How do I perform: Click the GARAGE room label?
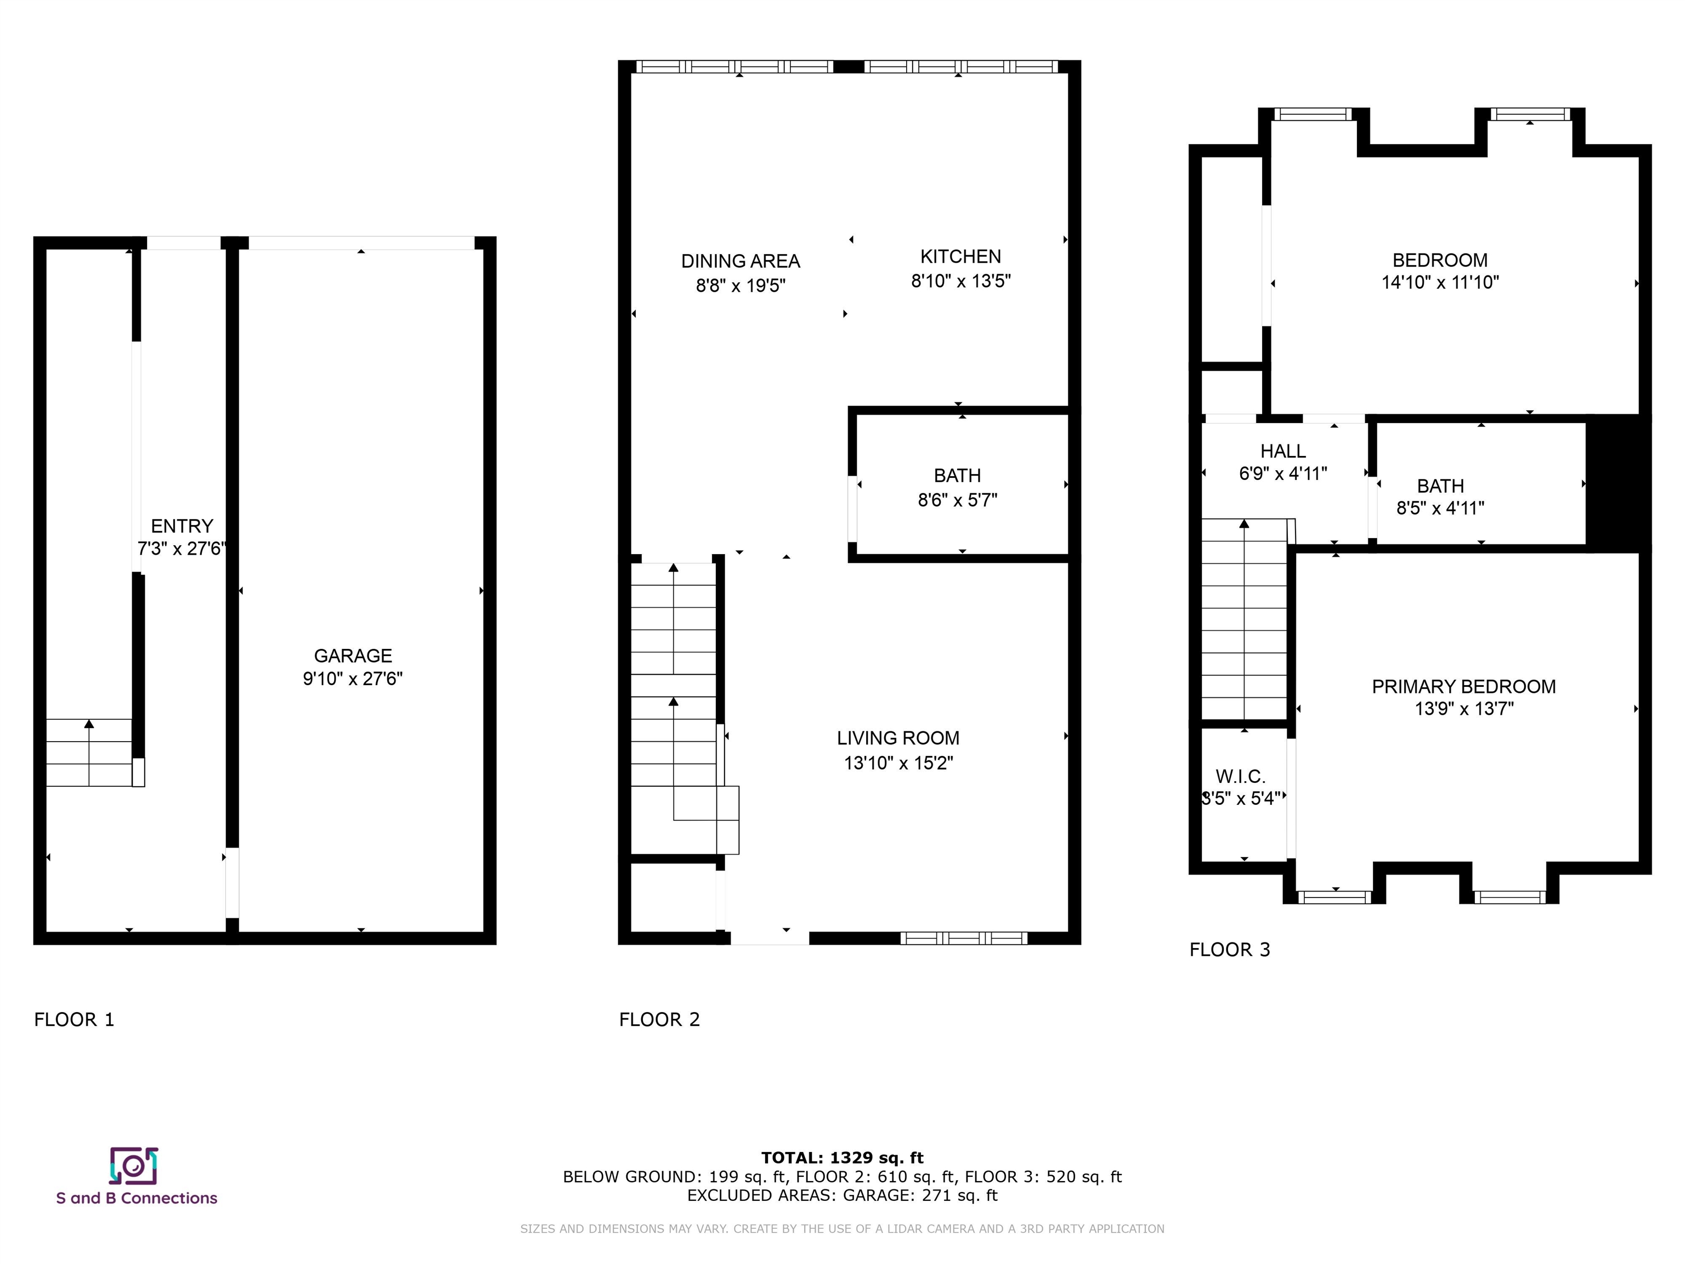pos(353,656)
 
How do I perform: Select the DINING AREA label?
pos(740,261)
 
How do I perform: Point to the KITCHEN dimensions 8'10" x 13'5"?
pos(960,281)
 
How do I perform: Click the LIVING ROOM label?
pos(898,738)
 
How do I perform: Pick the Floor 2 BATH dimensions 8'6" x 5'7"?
pos(958,500)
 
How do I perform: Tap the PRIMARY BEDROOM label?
pos(1464,686)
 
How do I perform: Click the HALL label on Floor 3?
pos(1283,451)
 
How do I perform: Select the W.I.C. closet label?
pos(1240,776)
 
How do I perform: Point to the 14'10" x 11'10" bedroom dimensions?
pos(1440,283)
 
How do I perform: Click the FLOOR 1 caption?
pos(74,1019)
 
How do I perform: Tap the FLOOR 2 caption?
pos(659,1019)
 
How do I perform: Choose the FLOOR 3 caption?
pos(1230,949)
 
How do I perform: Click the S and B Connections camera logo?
pos(134,1166)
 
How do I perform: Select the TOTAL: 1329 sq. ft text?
pos(842,1158)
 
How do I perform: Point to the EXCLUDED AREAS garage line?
pos(842,1195)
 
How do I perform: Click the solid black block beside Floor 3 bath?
pos(1618,483)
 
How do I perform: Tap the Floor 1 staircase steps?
pos(89,753)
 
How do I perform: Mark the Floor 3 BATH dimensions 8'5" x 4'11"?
pos(1440,508)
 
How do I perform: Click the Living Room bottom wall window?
pos(964,938)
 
